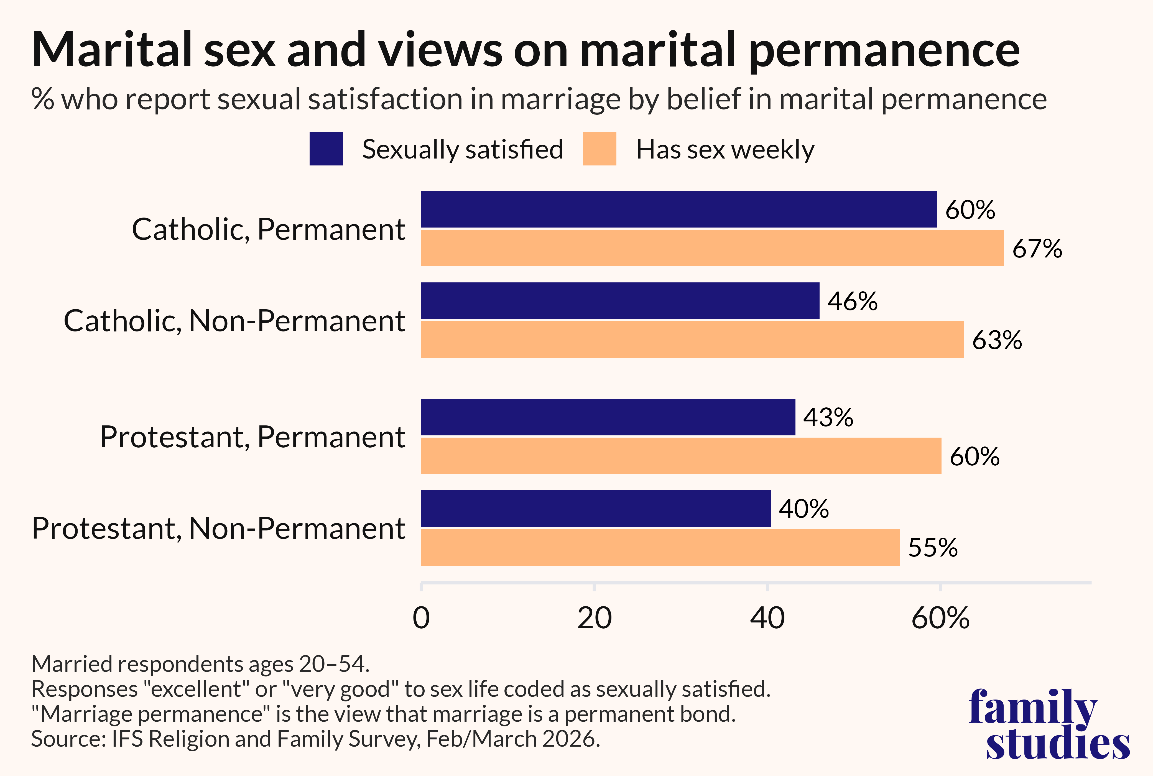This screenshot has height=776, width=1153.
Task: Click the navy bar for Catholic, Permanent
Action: coord(679,209)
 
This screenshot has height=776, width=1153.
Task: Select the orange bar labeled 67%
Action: coord(713,248)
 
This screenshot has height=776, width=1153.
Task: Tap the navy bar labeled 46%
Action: coord(620,301)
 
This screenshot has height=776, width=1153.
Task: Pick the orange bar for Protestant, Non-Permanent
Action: coord(660,547)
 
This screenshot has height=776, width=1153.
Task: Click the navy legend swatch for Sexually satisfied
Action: coord(326,149)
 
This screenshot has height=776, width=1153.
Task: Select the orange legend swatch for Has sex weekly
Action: coord(600,149)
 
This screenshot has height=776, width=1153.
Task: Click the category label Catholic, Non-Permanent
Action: coord(234,321)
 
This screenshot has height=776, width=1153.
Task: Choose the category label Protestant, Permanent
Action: coord(252,437)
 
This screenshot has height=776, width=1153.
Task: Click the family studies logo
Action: coord(1049,724)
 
